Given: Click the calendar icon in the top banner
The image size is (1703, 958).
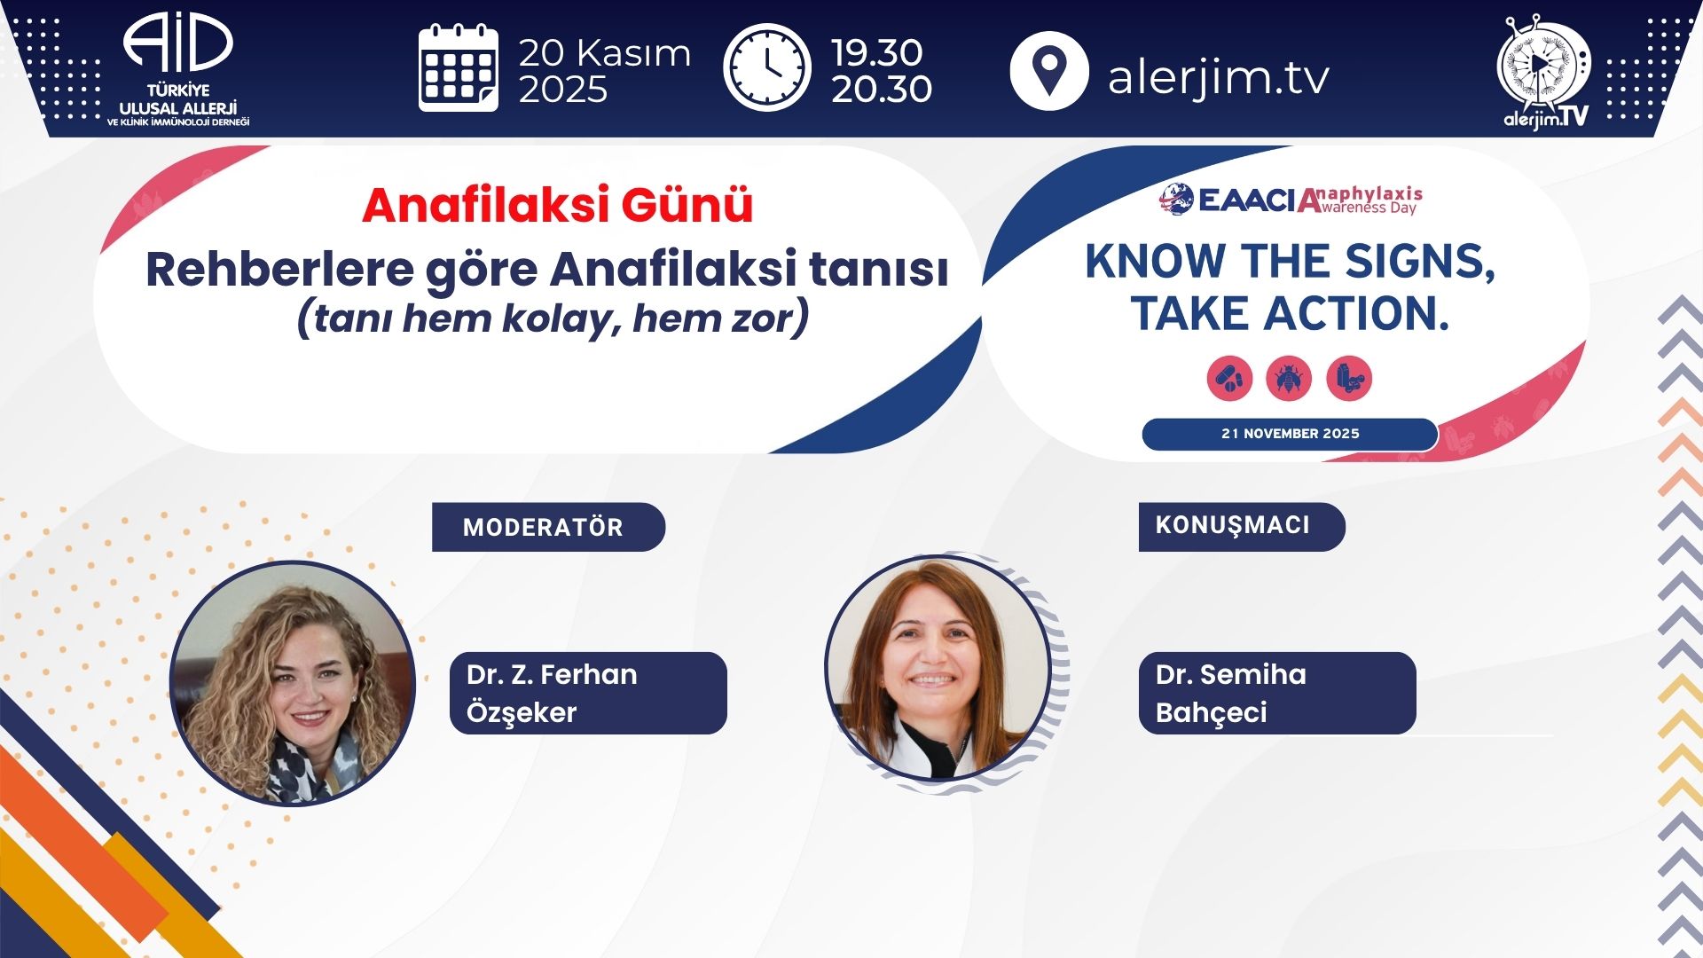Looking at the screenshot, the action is point(458,68).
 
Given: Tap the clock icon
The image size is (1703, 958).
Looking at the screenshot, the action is point(767,67).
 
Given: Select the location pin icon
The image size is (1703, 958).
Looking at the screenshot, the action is point(1049,70).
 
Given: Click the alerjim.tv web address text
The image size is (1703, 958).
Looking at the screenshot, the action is point(1219,77).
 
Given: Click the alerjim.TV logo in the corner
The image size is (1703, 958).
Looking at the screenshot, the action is point(1544,73).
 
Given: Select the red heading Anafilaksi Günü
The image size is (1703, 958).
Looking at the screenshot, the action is point(557,206).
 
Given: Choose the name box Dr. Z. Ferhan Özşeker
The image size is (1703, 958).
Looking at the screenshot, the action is point(588,693).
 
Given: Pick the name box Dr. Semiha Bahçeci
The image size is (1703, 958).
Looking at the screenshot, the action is point(1277,693).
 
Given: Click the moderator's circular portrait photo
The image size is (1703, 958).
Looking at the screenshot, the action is point(293,683).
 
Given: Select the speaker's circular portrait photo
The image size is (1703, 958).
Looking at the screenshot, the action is point(938,668).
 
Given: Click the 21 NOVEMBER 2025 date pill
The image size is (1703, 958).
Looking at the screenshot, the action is point(1290,434).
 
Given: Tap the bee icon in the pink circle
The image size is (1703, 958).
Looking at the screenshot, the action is point(1289,379).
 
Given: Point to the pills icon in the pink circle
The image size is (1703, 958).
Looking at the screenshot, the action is point(1229,379).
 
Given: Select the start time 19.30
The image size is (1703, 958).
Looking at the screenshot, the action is point(876,53).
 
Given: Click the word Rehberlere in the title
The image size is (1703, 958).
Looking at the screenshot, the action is point(279,270).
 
